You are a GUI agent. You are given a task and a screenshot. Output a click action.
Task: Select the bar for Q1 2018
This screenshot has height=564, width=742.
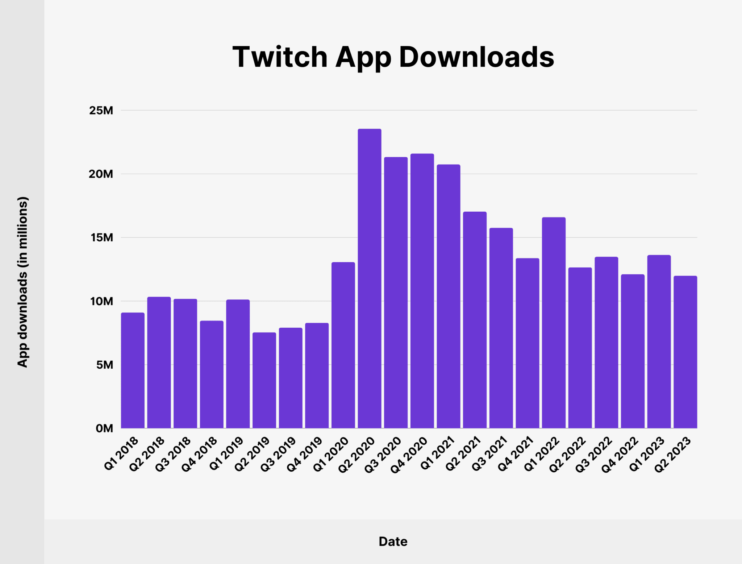tap(133, 370)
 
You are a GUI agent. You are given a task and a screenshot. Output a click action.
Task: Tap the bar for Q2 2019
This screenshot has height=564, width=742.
tap(264, 380)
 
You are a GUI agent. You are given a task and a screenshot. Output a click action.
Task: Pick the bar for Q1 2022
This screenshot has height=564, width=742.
tap(554, 323)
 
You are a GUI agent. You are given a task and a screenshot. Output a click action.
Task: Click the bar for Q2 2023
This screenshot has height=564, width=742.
tap(685, 352)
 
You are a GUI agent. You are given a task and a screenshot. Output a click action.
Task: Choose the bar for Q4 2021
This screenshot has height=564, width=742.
tap(527, 343)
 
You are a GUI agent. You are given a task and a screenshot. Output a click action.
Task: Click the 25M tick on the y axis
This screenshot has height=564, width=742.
tap(101, 111)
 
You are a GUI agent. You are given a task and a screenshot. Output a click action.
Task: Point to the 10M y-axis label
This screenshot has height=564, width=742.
tap(101, 301)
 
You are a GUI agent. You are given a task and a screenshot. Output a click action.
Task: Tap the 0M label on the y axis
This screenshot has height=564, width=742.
tap(104, 428)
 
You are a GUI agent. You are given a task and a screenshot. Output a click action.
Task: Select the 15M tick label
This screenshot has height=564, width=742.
tap(101, 238)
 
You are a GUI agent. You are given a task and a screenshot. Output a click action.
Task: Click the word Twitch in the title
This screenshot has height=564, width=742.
tap(280, 57)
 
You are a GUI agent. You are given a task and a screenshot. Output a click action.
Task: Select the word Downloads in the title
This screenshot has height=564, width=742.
tap(476, 57)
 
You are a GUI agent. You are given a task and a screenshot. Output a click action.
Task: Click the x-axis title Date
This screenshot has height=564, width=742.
tap(393, 542)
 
